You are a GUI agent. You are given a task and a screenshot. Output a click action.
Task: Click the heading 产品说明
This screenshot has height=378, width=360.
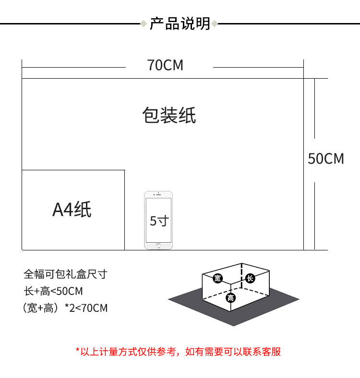(180, 24)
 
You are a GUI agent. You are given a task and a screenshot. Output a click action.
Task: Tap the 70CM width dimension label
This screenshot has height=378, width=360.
(165, 65)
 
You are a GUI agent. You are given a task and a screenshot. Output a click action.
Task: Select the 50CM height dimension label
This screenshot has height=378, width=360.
(326, 159)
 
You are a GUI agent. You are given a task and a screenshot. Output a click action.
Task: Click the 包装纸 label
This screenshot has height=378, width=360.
(169, 115)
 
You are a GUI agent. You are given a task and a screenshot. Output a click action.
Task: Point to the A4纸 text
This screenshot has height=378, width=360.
(72, 209)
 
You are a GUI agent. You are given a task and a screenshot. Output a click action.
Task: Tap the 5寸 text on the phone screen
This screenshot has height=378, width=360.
(159, 221)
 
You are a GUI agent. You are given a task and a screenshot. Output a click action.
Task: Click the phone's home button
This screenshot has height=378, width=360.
(158, 246)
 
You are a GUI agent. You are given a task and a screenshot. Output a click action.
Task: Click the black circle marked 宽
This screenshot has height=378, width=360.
(217, 278)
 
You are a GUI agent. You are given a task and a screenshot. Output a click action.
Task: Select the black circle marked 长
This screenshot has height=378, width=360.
(250, 278)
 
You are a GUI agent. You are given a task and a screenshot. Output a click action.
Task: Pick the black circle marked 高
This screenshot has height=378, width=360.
(231, 298)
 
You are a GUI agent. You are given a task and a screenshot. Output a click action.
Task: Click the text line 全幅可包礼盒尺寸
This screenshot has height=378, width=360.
(65, 274)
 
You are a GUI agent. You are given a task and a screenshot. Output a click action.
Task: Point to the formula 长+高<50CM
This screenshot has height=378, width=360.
(53, 291)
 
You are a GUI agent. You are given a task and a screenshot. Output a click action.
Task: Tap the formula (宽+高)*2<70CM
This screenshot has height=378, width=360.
(65, 308)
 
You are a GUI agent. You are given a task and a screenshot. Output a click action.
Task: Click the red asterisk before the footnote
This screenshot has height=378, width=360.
(78, 350)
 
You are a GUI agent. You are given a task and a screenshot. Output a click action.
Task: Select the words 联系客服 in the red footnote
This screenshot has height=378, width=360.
(262, 352)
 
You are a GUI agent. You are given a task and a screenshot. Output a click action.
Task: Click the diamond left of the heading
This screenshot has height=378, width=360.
(144, 24)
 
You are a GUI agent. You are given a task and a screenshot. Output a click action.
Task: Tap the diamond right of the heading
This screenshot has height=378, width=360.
(214, 24)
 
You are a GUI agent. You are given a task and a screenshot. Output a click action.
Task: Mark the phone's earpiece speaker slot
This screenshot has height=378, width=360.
(158, 194)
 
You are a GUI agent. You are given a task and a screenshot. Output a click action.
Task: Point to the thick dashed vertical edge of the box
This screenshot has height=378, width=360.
(241, 275)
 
